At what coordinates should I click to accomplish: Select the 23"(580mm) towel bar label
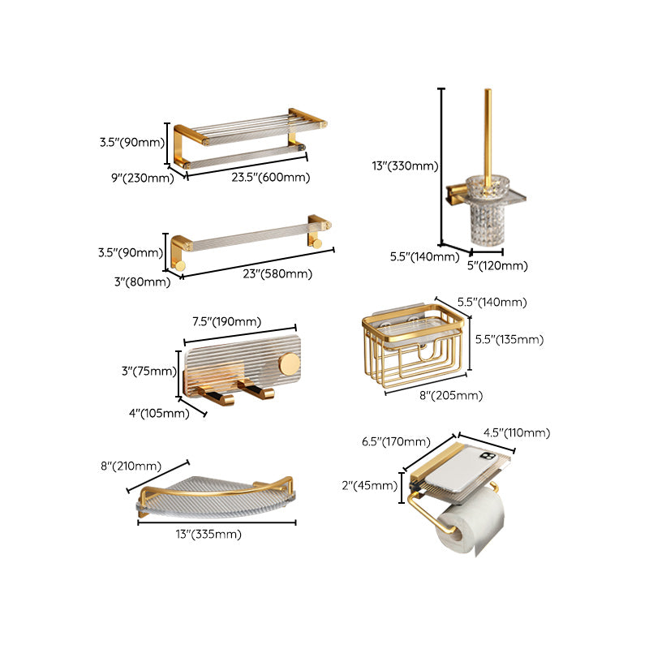[276, 273]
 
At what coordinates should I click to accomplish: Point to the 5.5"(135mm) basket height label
[509, 339]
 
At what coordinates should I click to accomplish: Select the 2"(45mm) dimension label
[370, 485]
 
